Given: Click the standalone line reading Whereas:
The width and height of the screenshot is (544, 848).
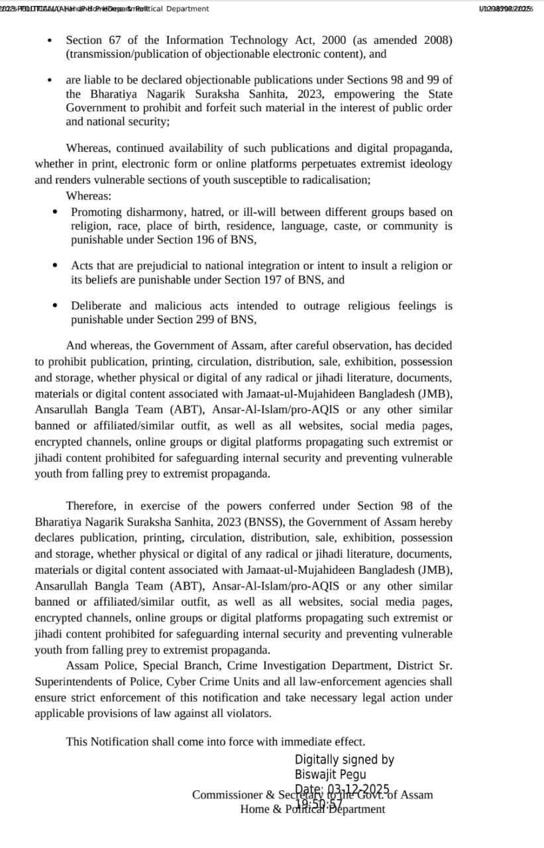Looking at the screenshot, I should pos(89,195).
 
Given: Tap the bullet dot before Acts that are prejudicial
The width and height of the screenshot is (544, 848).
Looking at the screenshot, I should pos(55,265).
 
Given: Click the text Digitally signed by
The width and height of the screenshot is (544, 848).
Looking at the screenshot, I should pos(345,760).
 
